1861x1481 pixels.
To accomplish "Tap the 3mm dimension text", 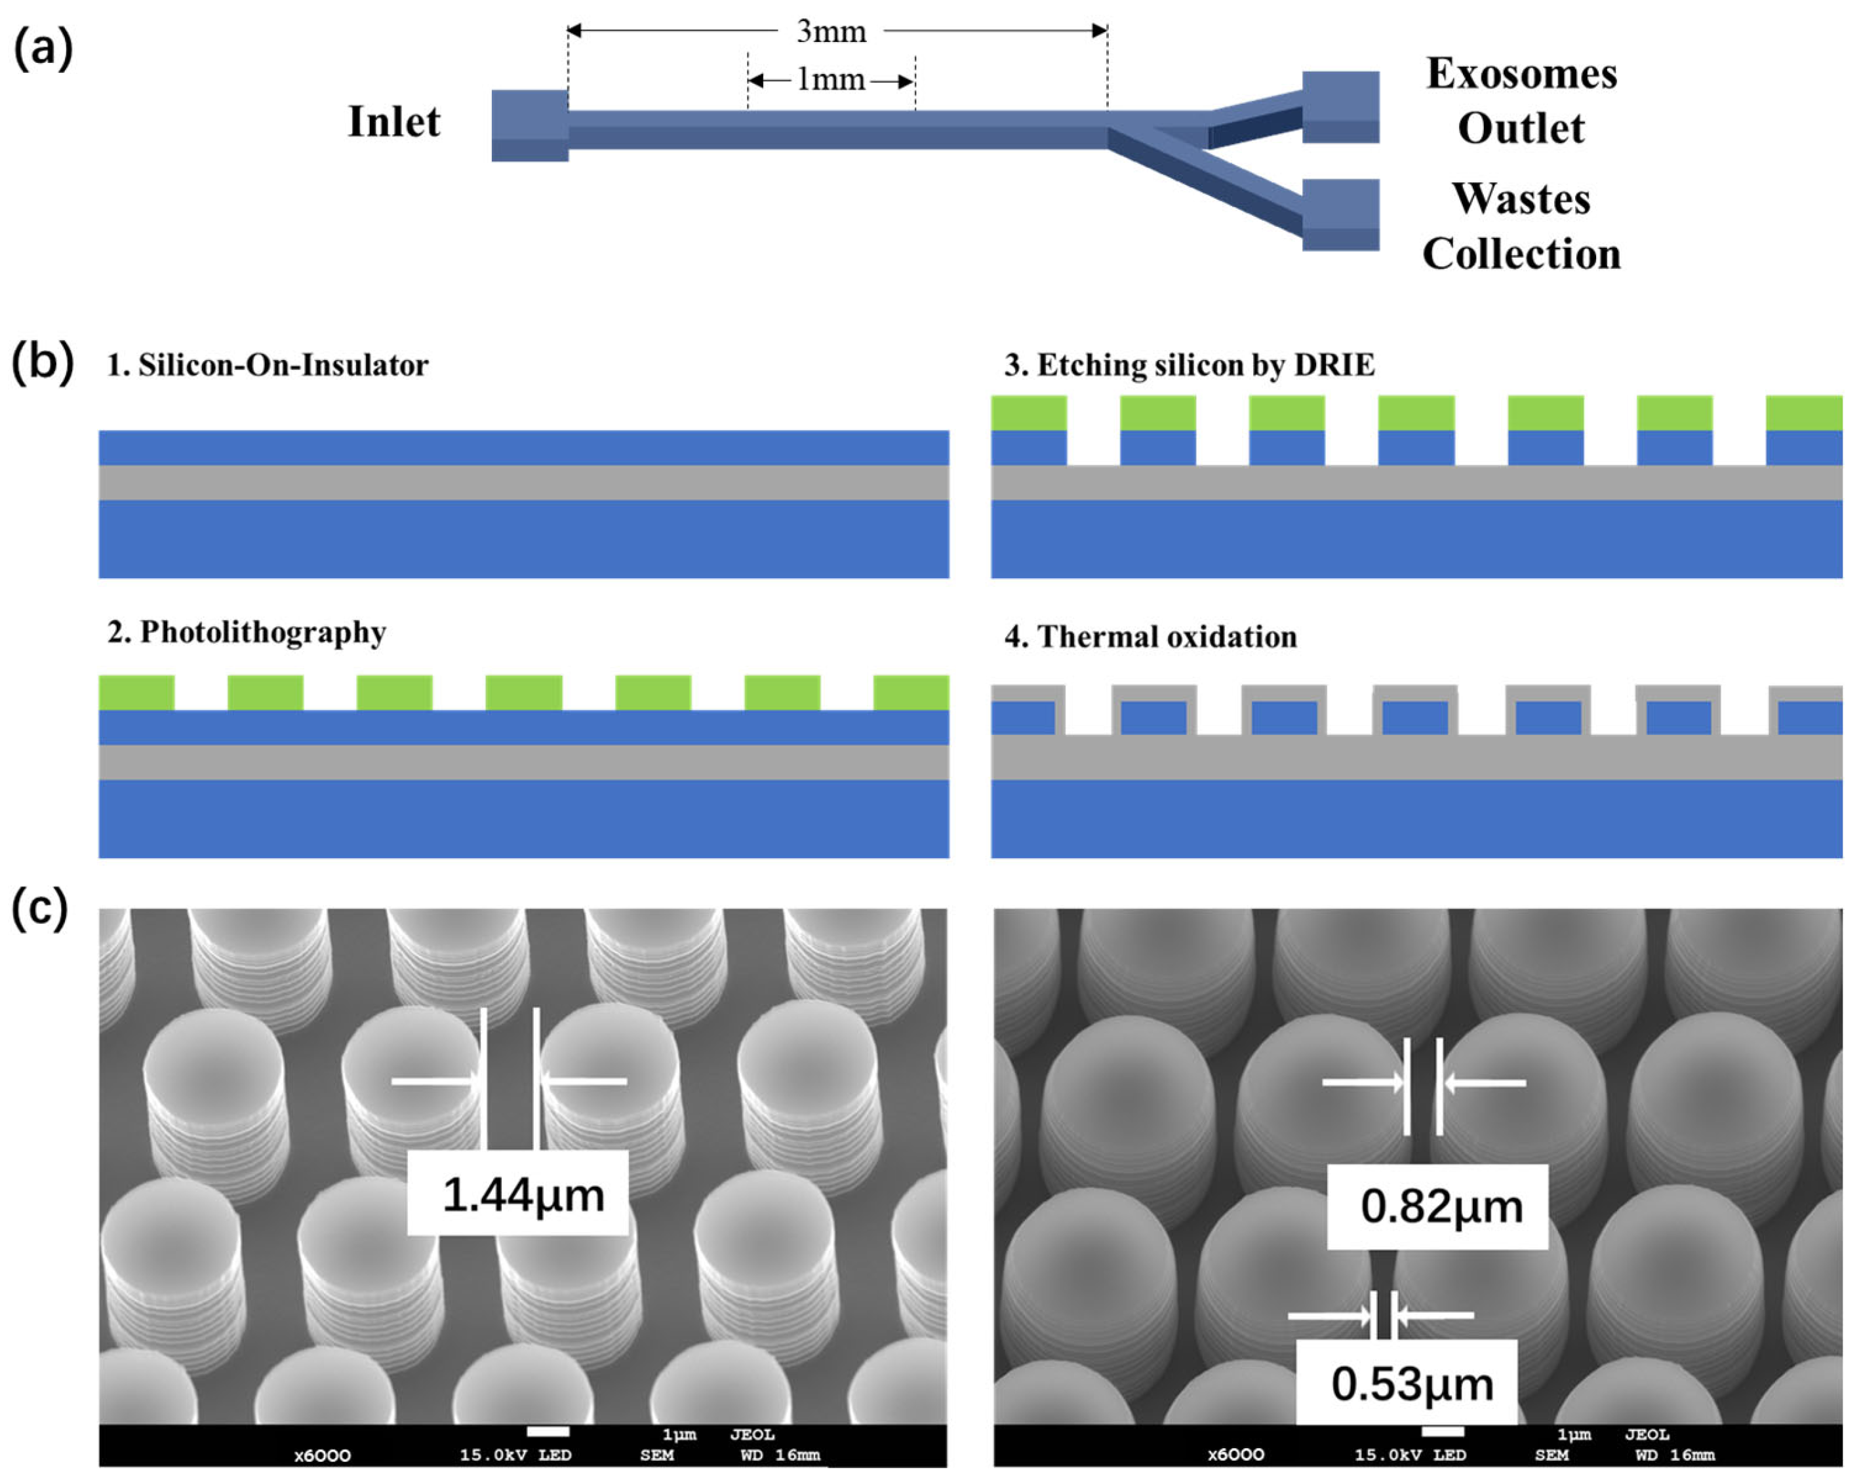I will pyautogui.click(x=830, y=32).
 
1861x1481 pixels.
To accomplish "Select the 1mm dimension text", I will pyautogui.click(x=830, y=80).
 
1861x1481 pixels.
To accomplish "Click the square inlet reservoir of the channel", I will pyautogui.click(x=529, y=125).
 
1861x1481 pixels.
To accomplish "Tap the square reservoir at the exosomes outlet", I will pyautogui.click(x=1340, y=106).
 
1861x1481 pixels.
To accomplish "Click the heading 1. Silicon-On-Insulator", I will pyautogui.click(x=267, y=365).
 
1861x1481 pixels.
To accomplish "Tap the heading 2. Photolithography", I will pyautogui.click(x=247, y=633).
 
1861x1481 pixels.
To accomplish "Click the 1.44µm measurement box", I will pyautogui.click(x=518, y=1195).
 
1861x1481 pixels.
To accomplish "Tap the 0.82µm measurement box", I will pyautogui.click(x=1437, y=1206).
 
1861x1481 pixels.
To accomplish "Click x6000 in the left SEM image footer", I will pyautogui.click(x=322, y=1456).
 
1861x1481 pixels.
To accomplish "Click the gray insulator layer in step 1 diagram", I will pyautogui.click(x=523, y=483).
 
